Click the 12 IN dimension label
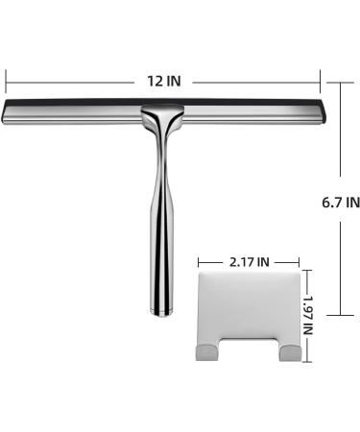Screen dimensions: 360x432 pos(164,81)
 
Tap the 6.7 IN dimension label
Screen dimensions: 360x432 pos(341,203)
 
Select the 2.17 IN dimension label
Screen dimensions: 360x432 pos(250,262)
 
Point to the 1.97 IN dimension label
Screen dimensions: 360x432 pos(308,315)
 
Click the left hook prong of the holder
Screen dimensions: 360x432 pos(204,352)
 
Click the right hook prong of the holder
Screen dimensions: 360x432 pos(290,352)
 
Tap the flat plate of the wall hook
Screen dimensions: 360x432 pos(250,305)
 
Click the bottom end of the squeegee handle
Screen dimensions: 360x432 pos(162,313)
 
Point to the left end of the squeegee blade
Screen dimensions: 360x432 pos(4,111)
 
